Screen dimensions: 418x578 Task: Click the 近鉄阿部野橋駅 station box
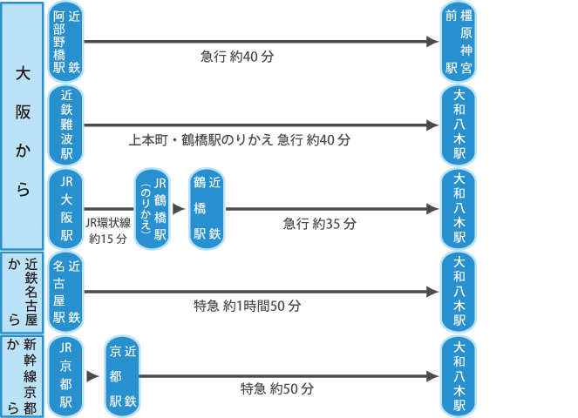[65, 42]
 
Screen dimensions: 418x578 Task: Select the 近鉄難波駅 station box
[65, 125]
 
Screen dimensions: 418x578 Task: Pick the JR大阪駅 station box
[65, 209]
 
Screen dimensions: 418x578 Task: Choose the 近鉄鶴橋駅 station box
[207, 209]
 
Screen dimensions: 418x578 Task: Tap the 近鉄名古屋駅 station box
[65, 293]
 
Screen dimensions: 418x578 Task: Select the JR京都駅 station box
[65, 376]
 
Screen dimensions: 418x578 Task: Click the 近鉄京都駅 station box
[121, 376]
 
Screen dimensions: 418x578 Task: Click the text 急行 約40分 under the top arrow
[237, 57]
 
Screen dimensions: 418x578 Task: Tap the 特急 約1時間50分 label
[247, 307]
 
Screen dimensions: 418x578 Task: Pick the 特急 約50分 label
[276, 389]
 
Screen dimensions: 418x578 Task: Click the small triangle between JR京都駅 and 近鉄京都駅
[92, 376]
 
